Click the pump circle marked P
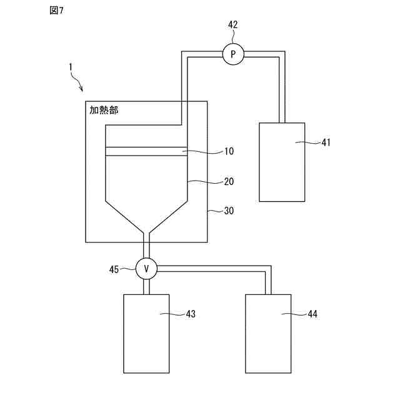coord(233,55)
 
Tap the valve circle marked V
coord(147,269)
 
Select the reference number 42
coord(232,25)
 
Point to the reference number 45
coord(114,270)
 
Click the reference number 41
coord(326,142)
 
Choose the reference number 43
coord(191,314)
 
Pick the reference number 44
coord(312,314)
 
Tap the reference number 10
coord(229,151)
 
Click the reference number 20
coord(229,182)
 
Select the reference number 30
coord(229,211)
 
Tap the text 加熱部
coord(104,110)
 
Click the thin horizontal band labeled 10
coord(146,151)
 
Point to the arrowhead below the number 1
coord(81,89)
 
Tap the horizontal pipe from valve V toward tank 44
coord(212,269)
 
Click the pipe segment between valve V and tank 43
coord(147,286)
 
